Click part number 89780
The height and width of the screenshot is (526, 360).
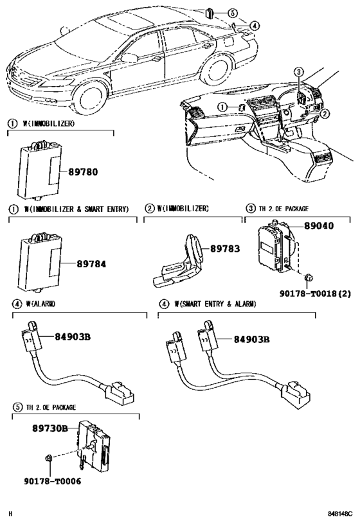pyautogui.click(x=83, y=172)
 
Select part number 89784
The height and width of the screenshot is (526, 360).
pyautogui.click(x=91, y=264)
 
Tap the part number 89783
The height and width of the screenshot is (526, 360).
pyautogui.click(x=225, y=249)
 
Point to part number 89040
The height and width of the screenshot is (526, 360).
pyautogui.click(x=319, y=226)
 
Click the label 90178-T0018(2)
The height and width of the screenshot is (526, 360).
pyautogui.click(x=315, y=294)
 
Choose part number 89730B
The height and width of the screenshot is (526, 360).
pyautogui.click(x=50, y=428)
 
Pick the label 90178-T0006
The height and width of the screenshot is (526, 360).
pyautogui.click(x=52, y=482)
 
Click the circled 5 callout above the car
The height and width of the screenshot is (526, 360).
pyautogui.click(x=232, y=13)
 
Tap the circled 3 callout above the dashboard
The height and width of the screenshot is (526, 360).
pyautogui.click(x=298, y=72)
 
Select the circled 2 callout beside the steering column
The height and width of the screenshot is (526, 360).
pyautogui.click(x=325, y=114)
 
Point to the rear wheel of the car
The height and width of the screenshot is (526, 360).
pyautogui.click(x=216, y=70)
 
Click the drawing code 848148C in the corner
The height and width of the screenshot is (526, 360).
pyautogui.click(x=341, y=514)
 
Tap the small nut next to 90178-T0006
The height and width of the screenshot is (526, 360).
pyautogui.click(x=48, y=457)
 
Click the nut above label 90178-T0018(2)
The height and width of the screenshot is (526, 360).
pyautogui.click(x=309, y=277)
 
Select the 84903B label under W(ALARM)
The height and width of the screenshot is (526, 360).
pyautogui.click(x=73, y=337)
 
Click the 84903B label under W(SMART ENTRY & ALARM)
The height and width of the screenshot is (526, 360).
pyautogui.click(x=251, y=339)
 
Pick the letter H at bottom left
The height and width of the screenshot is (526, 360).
pyautogui.click(x=10, y=514)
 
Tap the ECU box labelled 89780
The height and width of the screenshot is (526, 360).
pyautogui.click(x=40, y=170)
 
